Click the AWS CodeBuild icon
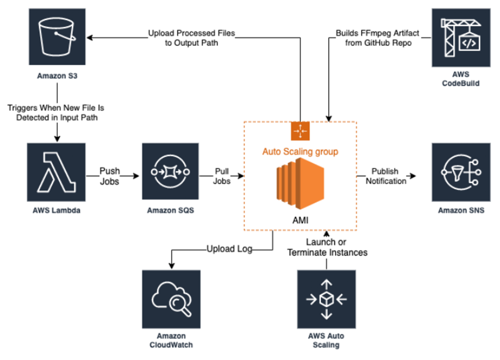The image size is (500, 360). point(461,38)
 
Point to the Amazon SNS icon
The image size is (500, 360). point(461,172)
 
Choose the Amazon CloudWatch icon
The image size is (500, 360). point(171,299)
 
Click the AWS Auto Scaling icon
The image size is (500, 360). point(326,299)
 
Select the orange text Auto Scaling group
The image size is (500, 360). point(300,151)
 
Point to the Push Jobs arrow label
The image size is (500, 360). point(109,176)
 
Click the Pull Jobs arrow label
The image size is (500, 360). point(222,176)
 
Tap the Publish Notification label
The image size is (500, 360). point(385,176)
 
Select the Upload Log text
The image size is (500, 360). point(230,250)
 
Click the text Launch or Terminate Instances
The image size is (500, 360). point(327,247)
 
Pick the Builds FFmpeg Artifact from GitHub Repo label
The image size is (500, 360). point(377,38)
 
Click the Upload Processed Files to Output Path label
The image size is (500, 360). point(191,38)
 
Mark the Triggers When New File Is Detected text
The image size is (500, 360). point(56,112)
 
